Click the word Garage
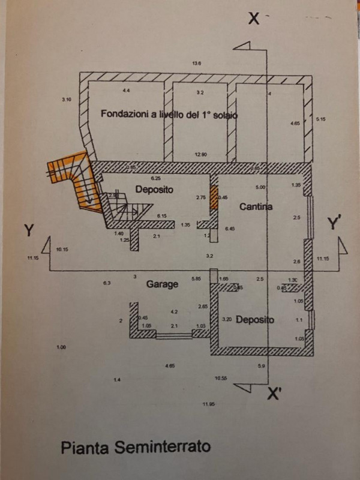click(162, 284)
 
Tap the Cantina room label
click(256, 208)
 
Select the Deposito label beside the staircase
click(154, 190)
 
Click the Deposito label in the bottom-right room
click(255, 320)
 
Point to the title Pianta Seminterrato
click(136, 447)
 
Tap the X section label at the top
click(254, 19)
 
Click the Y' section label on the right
click(334, 224)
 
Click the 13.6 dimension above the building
click(196, 63)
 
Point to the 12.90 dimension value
click(200, 155)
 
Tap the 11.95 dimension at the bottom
click(208, 405)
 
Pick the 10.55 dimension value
click(221, 378)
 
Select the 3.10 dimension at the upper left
click(66, 100)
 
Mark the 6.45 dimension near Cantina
click(230, 229)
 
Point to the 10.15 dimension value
click(62, 249)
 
